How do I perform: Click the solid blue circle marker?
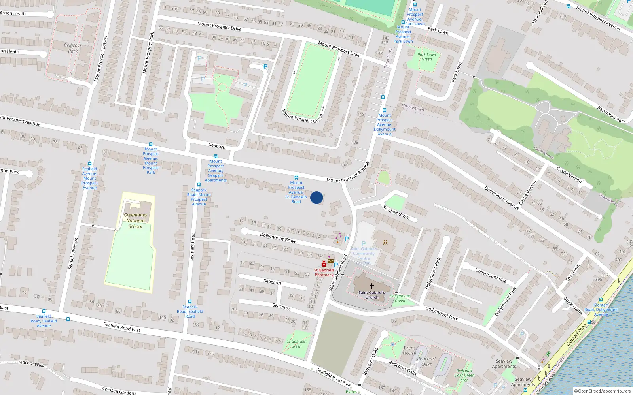[316, 197]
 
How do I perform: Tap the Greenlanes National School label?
[135, 221]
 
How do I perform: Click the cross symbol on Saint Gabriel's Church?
[372, 286]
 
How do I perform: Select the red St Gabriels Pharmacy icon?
[324, 264]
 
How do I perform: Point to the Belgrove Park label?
[73, 48]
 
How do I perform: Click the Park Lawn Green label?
[426, 57]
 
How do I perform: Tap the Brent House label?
[409, 350]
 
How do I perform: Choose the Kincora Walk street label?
[32, 363]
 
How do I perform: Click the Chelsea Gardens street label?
[119, 391]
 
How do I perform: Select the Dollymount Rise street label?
[491, 275]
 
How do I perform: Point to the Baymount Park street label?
[611, 115]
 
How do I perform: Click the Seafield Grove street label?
[396, 212]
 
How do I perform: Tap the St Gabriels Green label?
[296, 344]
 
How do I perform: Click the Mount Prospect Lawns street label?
[101, 59]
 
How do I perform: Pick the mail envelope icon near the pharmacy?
[331, 261]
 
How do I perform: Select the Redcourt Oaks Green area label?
[464, 375]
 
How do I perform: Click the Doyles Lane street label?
[573, 305]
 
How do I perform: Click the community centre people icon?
[385, 243]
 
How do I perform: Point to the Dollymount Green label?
[400, 298]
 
